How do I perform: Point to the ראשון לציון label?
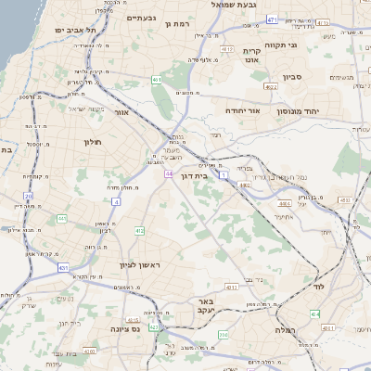point(140,265)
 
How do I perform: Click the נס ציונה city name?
point(125,328)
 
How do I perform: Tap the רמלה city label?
point(284,329)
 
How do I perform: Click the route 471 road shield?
point(272,19)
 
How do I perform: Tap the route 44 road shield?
point(168,173)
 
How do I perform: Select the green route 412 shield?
point(139,230)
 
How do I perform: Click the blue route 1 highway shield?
point(224,173)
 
